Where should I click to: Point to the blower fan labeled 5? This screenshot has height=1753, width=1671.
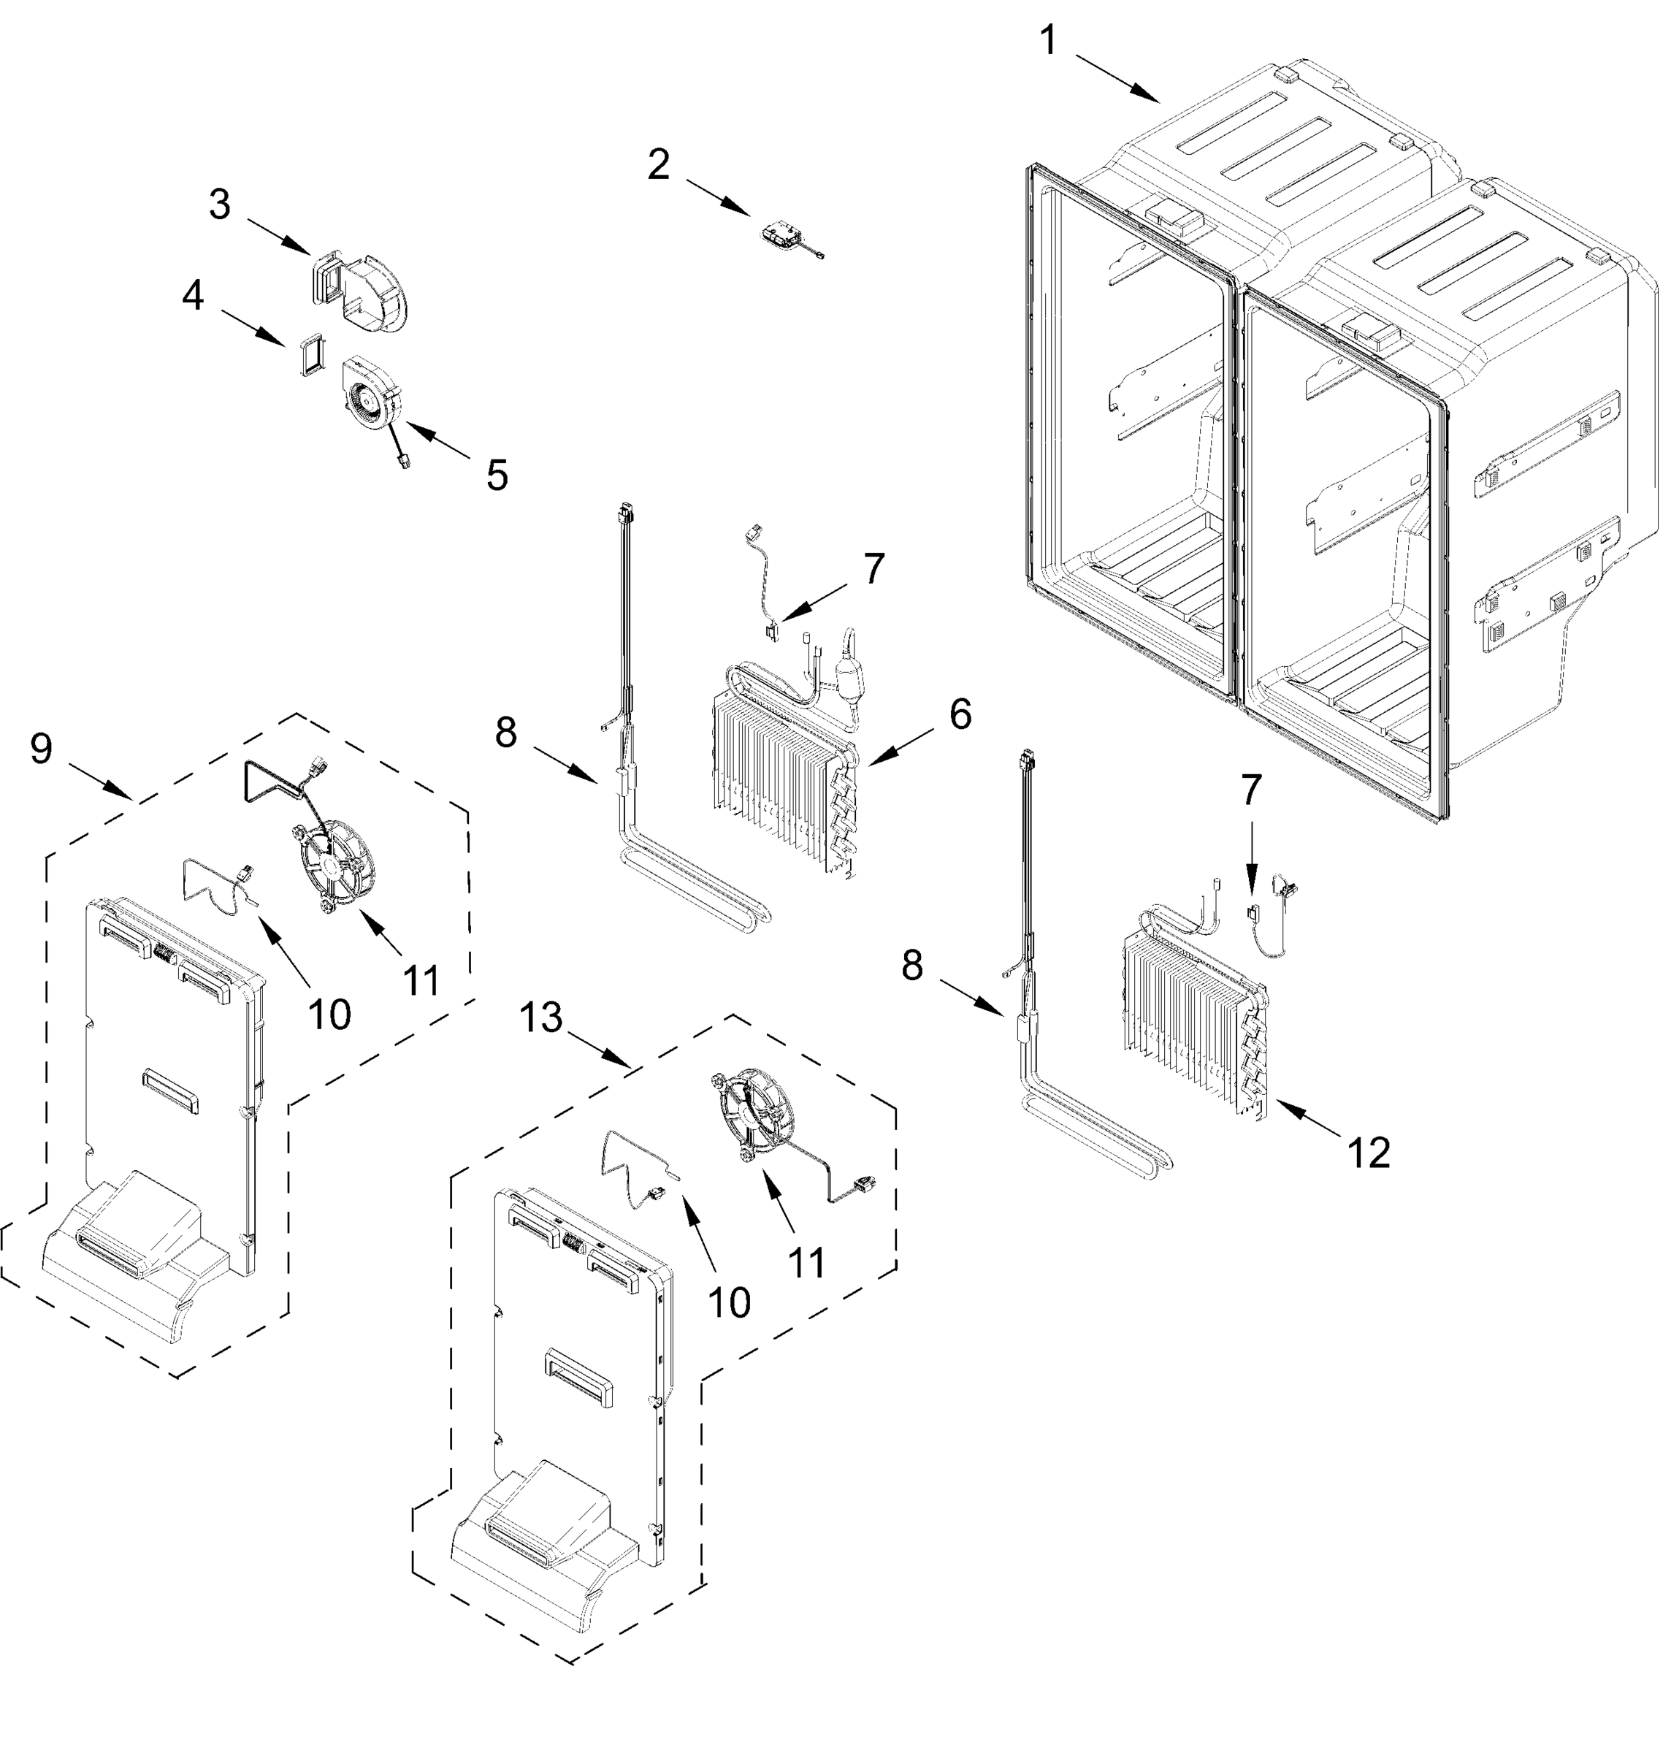click(368, 393)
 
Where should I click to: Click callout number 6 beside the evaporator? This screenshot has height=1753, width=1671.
click(960, 715)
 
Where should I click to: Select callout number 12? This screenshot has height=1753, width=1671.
click(1368, 1154)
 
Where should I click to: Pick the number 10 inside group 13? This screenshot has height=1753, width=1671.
click(729, 1303)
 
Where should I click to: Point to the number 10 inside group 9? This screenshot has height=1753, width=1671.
click(329, 1014)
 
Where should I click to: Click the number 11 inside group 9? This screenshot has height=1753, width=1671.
click(421, 981)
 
